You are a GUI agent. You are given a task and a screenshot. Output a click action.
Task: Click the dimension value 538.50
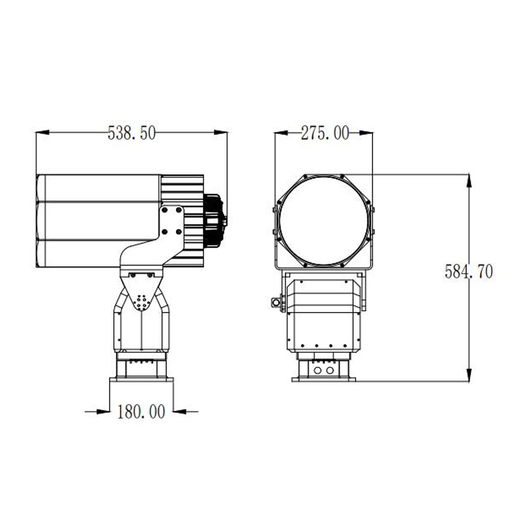[132, 133]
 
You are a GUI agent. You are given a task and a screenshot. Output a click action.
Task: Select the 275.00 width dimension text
[325, 134]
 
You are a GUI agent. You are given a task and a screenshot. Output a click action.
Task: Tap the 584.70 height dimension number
[469, 272]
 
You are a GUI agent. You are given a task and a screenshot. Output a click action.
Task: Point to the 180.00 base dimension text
[141, 412]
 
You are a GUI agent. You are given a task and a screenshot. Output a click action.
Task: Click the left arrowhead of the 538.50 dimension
[42, 132]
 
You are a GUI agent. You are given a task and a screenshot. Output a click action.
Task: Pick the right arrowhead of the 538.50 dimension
[221, 132]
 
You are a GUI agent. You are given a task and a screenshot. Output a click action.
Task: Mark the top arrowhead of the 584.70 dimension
[469, 180]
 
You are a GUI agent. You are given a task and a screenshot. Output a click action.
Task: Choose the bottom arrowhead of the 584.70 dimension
[469, 374]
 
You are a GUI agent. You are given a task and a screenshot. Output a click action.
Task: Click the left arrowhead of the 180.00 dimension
[103, 412]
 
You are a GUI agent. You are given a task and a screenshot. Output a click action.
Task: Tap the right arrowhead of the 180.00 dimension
[180, 412]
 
